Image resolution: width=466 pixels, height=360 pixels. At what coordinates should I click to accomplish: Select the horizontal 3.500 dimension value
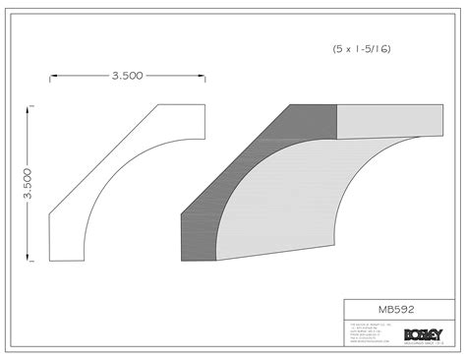(127, 74)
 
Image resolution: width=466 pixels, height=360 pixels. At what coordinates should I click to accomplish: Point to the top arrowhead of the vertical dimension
(30, 106)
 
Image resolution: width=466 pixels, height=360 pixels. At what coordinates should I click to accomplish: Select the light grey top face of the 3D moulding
(388, 120)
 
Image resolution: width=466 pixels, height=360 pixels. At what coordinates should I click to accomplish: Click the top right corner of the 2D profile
(204, 104)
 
